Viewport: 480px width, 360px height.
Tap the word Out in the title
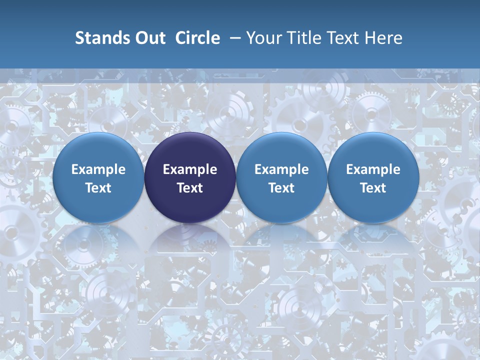148,38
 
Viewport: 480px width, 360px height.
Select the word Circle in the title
197,38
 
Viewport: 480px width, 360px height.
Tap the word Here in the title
384,38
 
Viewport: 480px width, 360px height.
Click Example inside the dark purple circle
190,169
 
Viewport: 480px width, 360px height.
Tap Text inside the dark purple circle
190,188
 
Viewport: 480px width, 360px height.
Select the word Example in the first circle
98,169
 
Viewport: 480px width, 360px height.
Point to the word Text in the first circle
98,188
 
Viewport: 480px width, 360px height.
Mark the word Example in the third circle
281,169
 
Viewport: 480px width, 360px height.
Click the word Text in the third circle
281,188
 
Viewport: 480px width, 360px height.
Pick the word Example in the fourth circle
373,169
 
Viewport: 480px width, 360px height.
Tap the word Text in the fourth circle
373,188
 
